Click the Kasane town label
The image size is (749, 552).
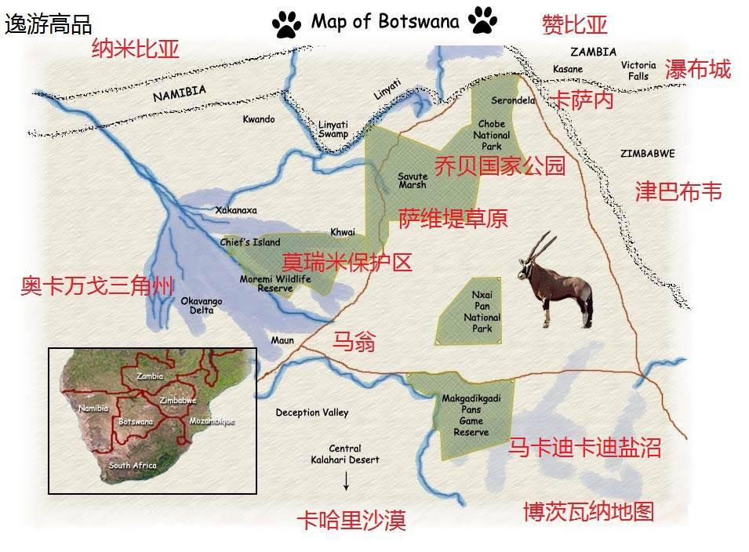(568, 69)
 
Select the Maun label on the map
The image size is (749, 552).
(282, 340)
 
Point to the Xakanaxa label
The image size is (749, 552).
(236, 210)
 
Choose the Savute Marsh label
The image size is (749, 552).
(412, 180)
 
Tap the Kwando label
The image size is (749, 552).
(259, 119)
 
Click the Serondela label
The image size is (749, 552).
(513, 100)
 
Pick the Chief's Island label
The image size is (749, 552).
(250, 242)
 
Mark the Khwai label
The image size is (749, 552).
(343, 232)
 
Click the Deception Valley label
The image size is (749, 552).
(312, 412)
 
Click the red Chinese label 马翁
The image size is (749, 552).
(355, 342)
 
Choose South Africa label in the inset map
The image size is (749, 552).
(133, 466)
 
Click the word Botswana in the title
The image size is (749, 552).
(419, 21)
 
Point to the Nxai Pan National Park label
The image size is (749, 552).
(482, 312)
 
